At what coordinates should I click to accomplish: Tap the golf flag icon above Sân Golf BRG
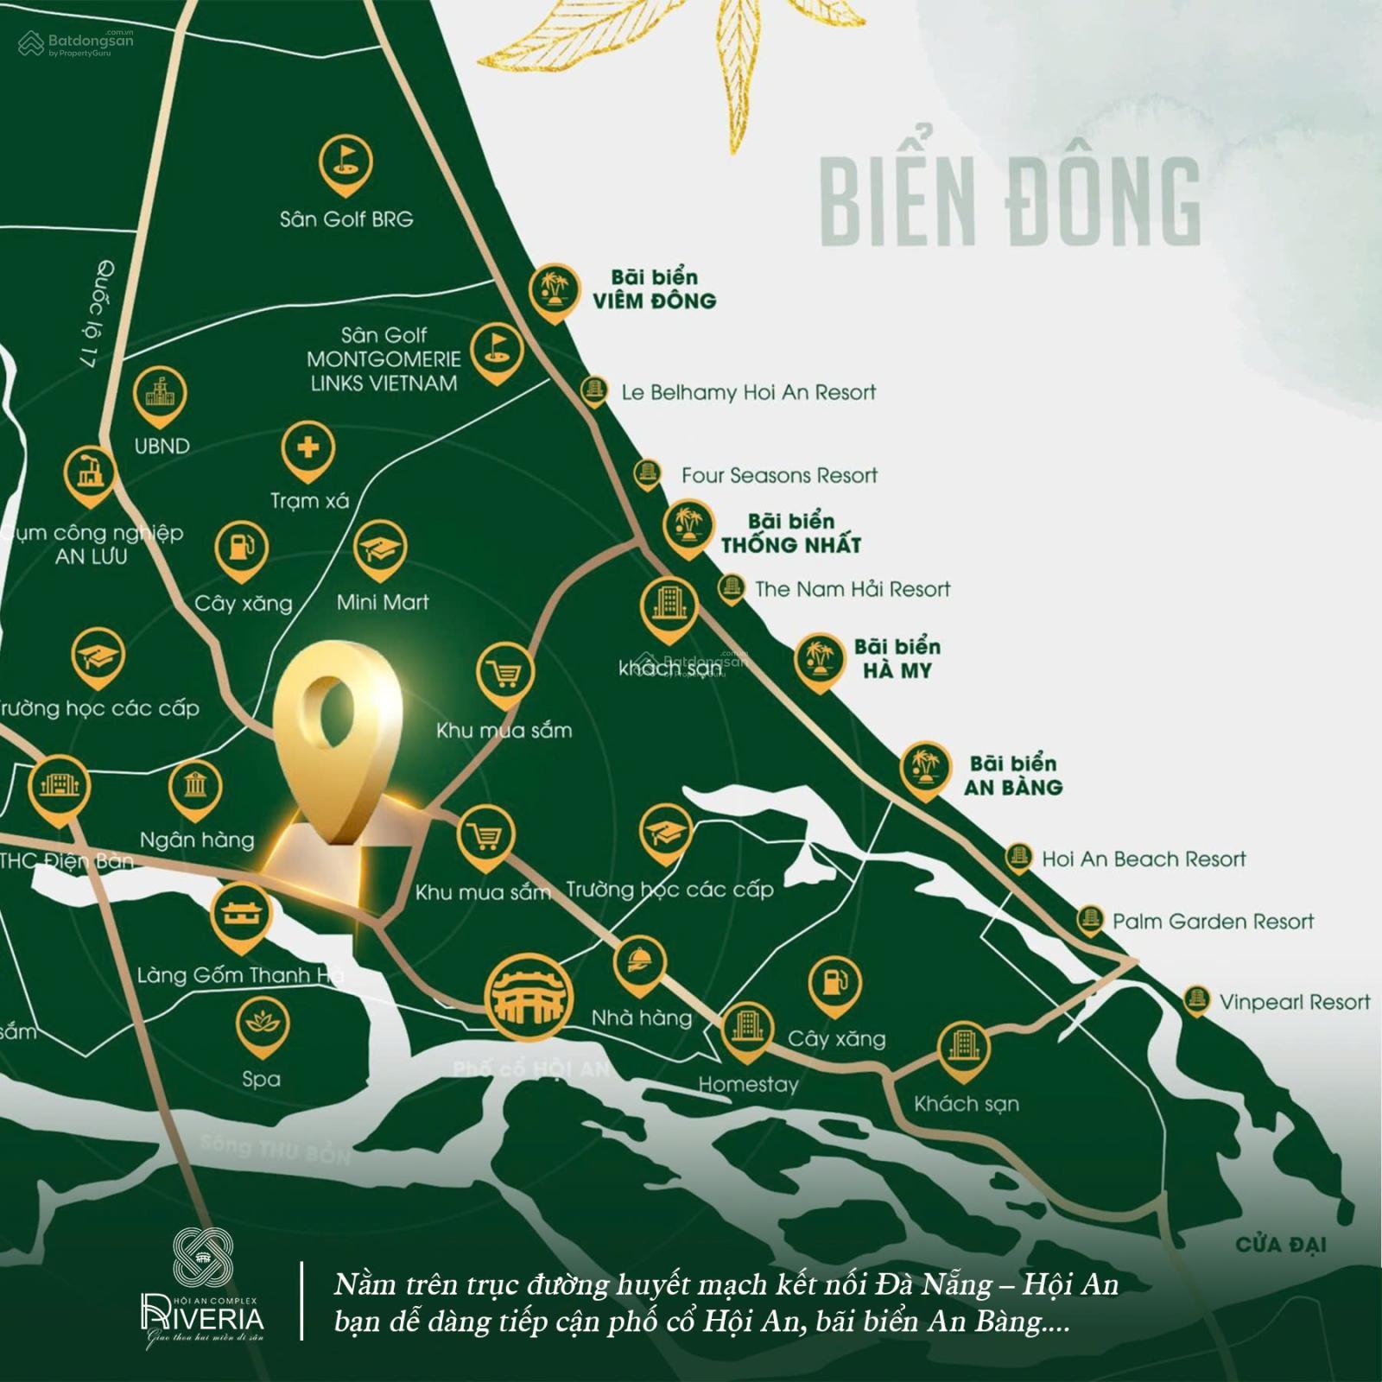point(345,162)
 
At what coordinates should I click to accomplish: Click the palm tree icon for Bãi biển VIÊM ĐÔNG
point(554,288)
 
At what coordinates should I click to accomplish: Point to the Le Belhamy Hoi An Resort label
point(748,393)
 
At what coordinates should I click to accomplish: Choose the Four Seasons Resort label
point(779,475)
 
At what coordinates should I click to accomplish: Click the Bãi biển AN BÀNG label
point(1013,775)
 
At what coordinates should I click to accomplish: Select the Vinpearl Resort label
point(1294,1002)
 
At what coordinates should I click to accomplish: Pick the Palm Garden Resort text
point(1213,922)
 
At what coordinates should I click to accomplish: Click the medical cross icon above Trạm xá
point(307,447)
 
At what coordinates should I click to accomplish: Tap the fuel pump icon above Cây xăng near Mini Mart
point(242,548)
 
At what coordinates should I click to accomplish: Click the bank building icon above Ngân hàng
point(195,787)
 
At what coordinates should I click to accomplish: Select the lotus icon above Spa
point(261,1024)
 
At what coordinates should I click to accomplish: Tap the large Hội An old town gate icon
point(529,995)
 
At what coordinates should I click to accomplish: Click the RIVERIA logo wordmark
point(203,1317)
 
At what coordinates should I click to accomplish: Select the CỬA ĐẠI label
point(1280,1245)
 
